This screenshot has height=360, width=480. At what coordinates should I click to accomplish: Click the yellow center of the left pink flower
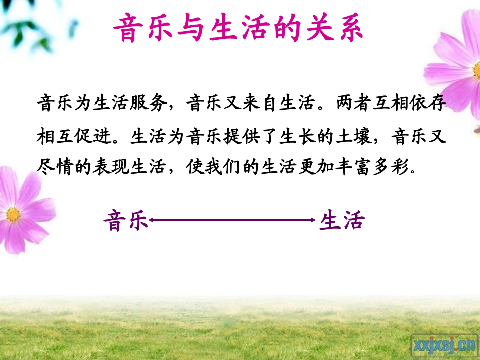click(13, 214)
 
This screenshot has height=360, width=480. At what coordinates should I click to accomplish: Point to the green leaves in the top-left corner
click(25, 25)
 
